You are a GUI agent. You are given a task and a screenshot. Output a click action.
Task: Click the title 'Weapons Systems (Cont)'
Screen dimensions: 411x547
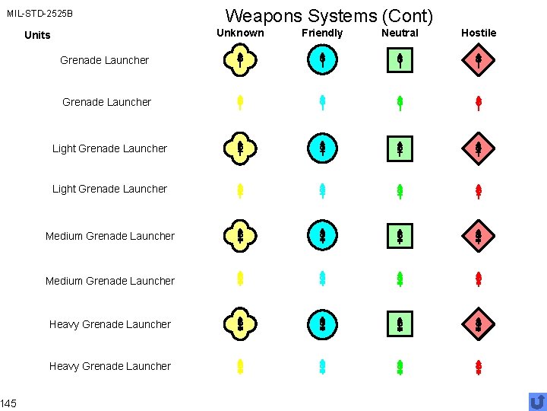click(x=329, y=15)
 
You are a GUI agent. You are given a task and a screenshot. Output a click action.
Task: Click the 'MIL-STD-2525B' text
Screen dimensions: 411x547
click(x=40, y=14)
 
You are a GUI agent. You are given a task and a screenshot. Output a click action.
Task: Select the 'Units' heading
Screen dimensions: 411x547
click(x=37, y=35)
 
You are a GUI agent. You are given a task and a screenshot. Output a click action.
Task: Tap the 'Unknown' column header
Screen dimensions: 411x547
click(x=240, y=33)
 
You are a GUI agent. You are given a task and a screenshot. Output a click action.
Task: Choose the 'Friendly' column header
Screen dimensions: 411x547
click(x=322, y=33)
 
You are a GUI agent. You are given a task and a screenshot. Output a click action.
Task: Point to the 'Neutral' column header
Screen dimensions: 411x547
click(x=400, y=33)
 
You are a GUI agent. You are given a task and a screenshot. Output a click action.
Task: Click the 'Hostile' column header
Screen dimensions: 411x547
click(x=479, y=33)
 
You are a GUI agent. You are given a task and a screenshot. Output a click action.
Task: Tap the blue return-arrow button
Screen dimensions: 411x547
click(x=536, y=400)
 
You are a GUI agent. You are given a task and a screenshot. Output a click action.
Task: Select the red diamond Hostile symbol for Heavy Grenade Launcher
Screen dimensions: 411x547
click(x=479, y=325)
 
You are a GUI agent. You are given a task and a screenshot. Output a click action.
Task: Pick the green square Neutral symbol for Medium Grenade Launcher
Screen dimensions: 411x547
click(x=400, y=236)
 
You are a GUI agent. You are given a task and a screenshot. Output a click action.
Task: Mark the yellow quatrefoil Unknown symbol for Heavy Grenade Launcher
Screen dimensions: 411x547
click(x=239, y=325)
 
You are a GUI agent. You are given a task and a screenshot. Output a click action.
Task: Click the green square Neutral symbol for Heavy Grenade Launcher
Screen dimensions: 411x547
click(x=400, y=325)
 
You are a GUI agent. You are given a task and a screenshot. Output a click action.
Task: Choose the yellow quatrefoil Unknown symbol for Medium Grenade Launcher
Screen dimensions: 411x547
click(x=239, y=236)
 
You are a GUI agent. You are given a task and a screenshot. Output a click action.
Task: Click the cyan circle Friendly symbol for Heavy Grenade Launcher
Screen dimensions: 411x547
click(x=322, y=325)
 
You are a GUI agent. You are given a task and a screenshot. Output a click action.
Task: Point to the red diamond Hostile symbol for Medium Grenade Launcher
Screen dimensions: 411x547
click(x=479, y=236)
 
